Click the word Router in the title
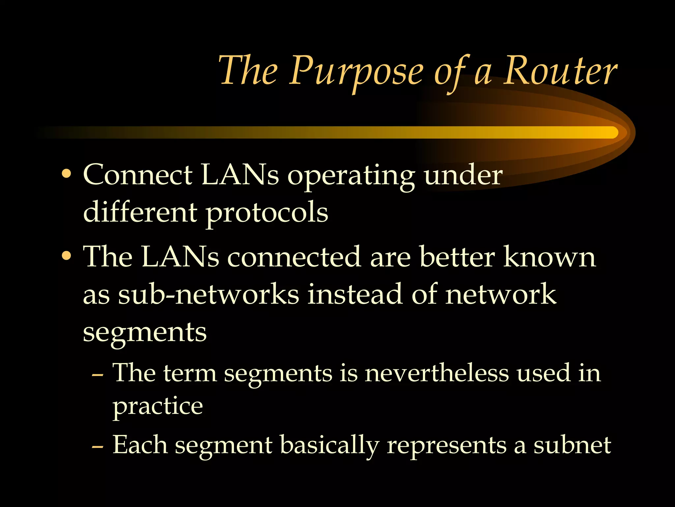(560, 71)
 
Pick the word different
(140, 212)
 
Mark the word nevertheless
(437, 373)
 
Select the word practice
(158, 407)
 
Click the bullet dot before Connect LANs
(67, 174)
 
